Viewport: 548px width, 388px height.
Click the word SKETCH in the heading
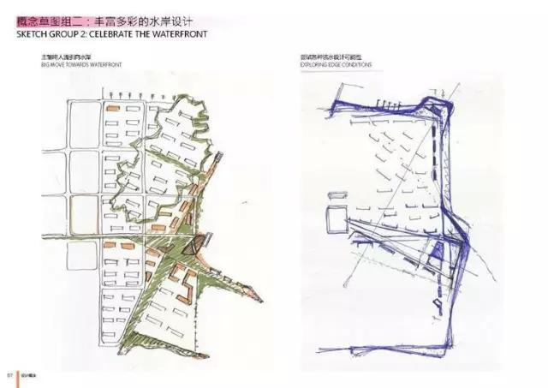pos(32,34)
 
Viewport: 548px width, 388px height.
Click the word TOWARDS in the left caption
pos(91,64)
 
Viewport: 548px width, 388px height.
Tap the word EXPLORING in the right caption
pos(316,64)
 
